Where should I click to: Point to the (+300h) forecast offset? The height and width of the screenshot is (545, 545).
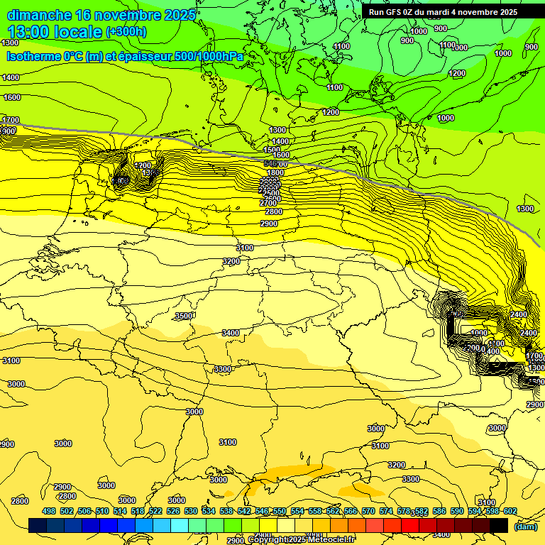126,32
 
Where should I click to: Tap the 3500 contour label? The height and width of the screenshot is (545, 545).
184,316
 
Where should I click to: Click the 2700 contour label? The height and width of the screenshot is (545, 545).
268,203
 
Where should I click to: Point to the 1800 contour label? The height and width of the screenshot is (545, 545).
275,172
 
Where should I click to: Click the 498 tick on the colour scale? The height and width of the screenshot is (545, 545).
49,511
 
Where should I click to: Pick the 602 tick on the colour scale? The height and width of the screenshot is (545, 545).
510,511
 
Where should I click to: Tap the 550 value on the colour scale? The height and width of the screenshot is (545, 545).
280,511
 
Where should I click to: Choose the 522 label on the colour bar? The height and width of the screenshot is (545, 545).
155,511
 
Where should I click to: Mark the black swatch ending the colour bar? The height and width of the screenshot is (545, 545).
499,525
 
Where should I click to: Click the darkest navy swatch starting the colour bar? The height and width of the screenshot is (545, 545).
38,525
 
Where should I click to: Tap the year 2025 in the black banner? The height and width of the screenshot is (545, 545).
506,12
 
